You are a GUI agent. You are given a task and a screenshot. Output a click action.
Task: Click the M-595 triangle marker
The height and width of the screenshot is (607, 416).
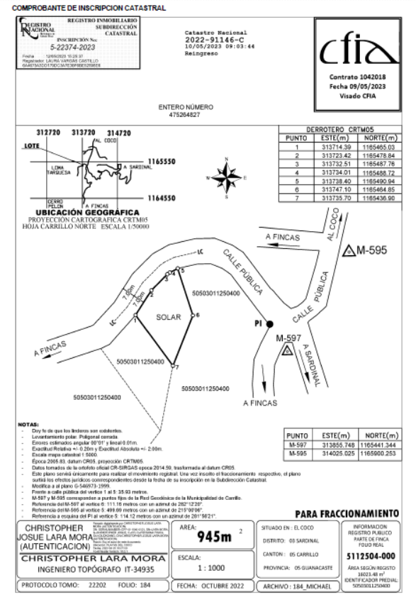tap(349, 251)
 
